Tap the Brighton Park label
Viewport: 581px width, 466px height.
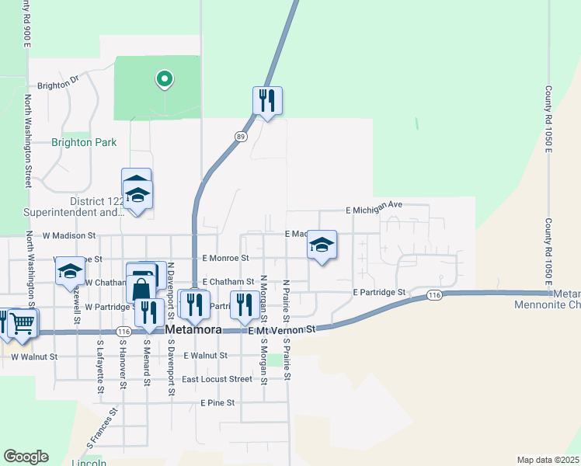pyautogui.click(x=84, y=142)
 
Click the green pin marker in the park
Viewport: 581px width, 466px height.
pyautogui.click(x=164, y=79)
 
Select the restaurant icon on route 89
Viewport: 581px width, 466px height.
pyautogui.click(x=266, y=100)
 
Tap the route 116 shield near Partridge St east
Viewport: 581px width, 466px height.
pyautogui.click(x=434, y=295)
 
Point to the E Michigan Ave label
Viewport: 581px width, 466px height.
pyautogui.click(x=374, y=205)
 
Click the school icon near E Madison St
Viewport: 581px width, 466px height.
pyautogui.click(x=322, y=245)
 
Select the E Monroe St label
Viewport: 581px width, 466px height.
pyautogui.click(x=225, y=258)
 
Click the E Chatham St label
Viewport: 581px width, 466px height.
pyautogui.click(x=228, y=282)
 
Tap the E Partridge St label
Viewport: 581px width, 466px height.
pyautogui.click(x=379, y=293)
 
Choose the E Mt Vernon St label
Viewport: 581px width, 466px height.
pyautogui.click(x=283, y=330)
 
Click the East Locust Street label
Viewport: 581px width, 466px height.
pyautogui.click(x=217, y=379)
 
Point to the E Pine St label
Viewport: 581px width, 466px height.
pyautogui.click(x=217, y=403)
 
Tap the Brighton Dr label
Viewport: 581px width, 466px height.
pyautogui.click(x=58, y=85)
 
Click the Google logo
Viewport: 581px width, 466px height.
pyautogui.click(x=26, y=457)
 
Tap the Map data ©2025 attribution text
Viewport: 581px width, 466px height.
pyautogui.click(x=547, y=460)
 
